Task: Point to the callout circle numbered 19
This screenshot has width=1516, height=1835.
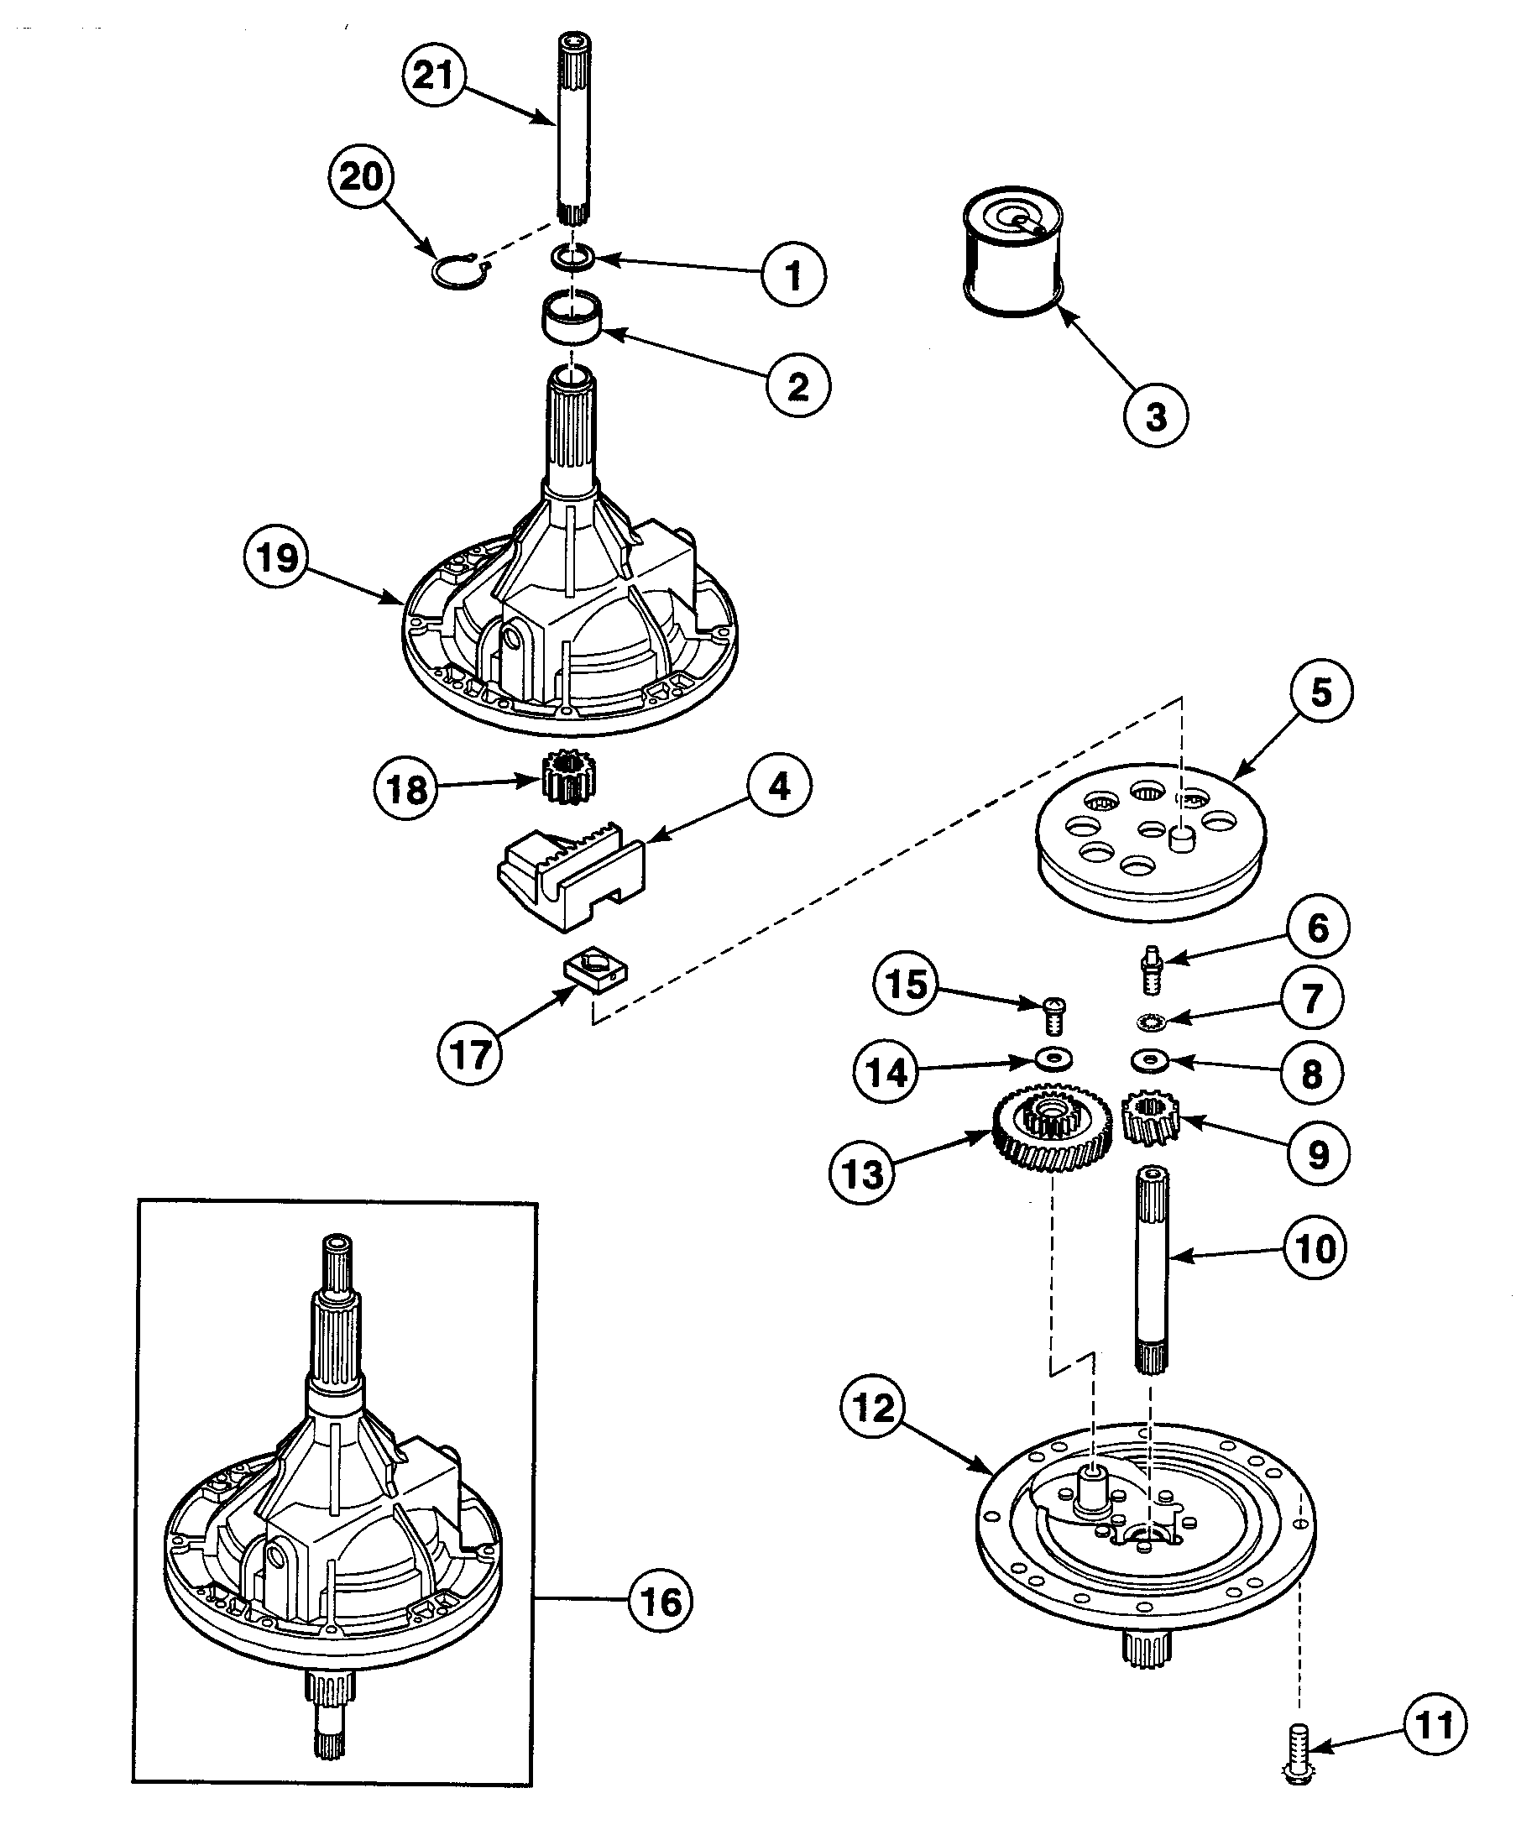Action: pyautogui.click(x=276, y=557)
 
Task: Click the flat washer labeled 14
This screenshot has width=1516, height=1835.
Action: pyautogui.click(x=1054, y=1059)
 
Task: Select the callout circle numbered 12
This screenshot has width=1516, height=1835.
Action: pyautogui.click(x=873, y=1408)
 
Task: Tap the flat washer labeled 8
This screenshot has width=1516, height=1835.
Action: pyautogui.click(x=1149, y=1061)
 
